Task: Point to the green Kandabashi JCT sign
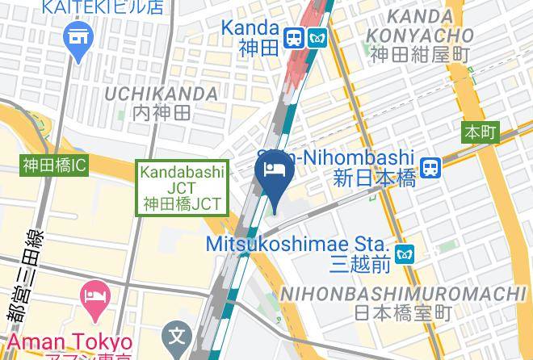[x=183, y=187]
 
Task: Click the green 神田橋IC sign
[x=54, y=166]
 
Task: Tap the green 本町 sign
[x=480, y=132]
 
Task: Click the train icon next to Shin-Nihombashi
[x=432, y=167]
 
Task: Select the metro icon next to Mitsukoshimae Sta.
[x=404, y=253]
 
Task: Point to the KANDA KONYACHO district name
[x=419, y=26]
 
